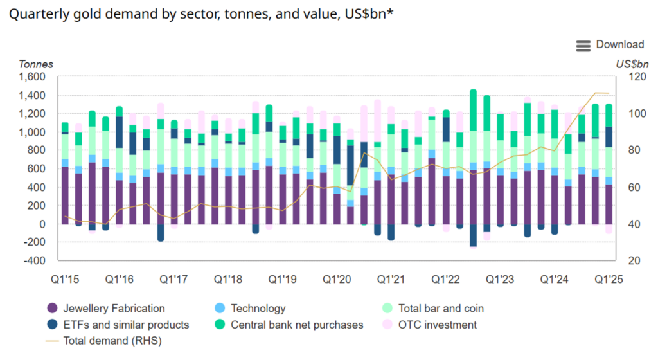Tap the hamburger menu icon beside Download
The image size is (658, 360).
583,45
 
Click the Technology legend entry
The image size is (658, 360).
258,309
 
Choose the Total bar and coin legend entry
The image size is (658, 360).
441,309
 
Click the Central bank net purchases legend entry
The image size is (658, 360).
297,325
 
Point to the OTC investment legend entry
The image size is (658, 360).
438,325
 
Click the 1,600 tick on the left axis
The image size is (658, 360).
31,77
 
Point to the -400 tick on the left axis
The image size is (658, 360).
34,260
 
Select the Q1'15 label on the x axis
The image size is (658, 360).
65,280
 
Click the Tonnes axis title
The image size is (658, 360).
36,64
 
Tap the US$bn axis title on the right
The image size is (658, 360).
633,64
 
